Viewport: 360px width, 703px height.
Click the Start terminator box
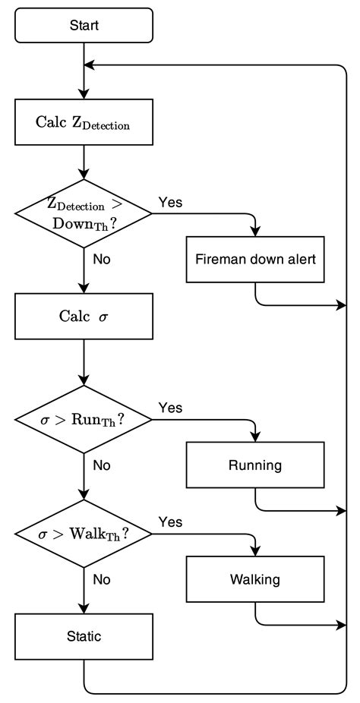click(84, 25)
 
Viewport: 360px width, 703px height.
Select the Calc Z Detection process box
click(84, 123)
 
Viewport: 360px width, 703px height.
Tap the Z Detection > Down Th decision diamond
click(84, 214)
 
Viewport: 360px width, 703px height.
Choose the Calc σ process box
click(84, 317)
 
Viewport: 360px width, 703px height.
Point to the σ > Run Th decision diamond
click(84, 419)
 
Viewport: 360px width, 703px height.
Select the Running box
click(255, 465)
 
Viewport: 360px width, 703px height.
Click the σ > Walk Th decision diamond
click(84, 533)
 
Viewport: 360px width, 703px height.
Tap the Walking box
click(255, 579)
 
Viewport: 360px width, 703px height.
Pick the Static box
click(84, 636)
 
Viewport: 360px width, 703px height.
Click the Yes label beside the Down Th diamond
click(170, 202)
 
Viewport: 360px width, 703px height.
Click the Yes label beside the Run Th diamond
click(170, 408)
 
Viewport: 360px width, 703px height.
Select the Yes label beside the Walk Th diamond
click(170, 522)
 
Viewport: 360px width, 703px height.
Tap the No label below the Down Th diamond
click(102, 259)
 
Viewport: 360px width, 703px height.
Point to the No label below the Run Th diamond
click(102, 465)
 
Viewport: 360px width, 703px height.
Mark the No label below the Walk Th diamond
click(102, 579)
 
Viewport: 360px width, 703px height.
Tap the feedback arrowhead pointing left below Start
click(90, 65)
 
